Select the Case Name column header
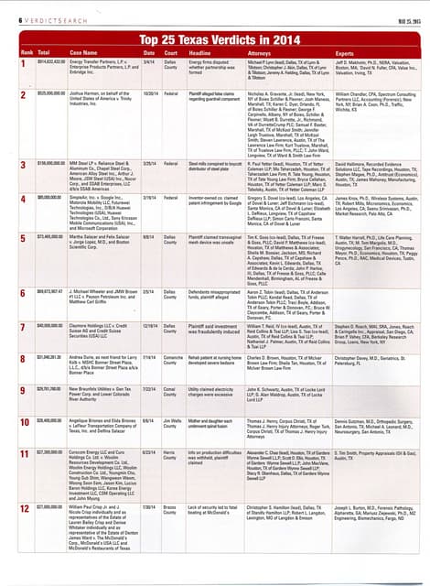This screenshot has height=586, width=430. pos(85,53)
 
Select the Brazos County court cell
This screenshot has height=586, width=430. pos(171,506)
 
